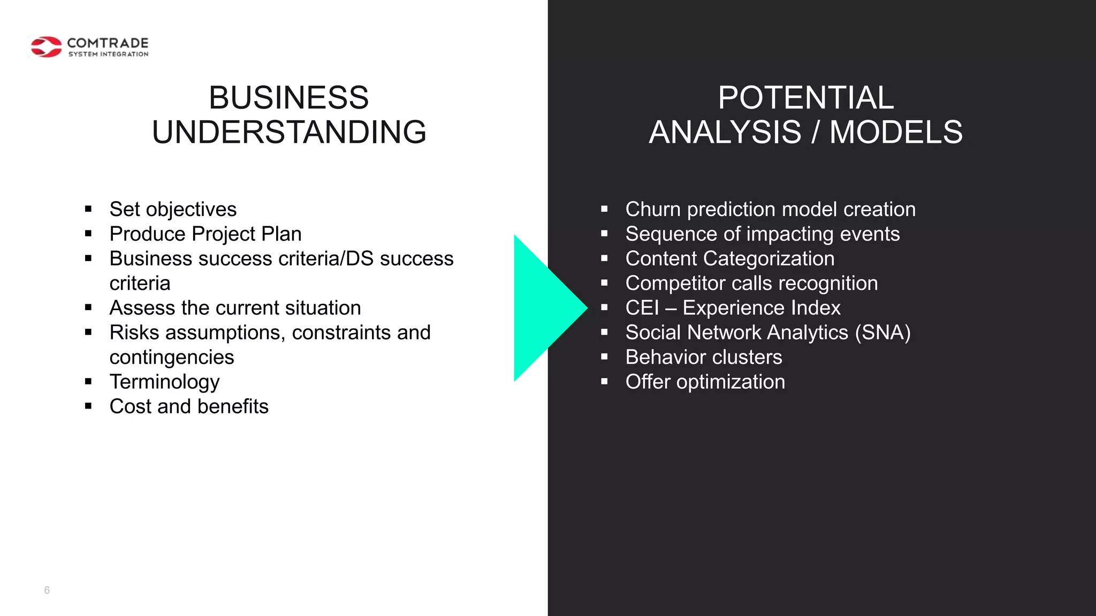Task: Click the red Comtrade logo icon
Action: (x=46, y=47)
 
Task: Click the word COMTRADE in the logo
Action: (x=108, y=43)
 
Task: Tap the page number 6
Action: (x=47, y=590)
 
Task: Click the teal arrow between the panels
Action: (x=543, y=308)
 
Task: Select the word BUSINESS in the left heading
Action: (x=288, y=98)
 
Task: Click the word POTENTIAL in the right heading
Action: (x=805, y=98)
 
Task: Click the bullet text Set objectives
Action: (x=173, y=210)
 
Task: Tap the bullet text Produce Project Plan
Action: (x=205, y=234)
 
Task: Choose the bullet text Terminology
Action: (x=164, y=382)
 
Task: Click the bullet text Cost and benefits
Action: (x=189, y=406)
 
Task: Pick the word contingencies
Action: (x=172, y=357)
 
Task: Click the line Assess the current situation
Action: (x=235, y=308)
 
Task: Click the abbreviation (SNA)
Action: (x=882, y=333)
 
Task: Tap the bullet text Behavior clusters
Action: (x=704, y=357)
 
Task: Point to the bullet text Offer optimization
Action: (x=705, y=382)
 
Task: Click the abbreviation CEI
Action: (x=642, y=308)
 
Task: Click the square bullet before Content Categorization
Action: (x=604, y=258)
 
